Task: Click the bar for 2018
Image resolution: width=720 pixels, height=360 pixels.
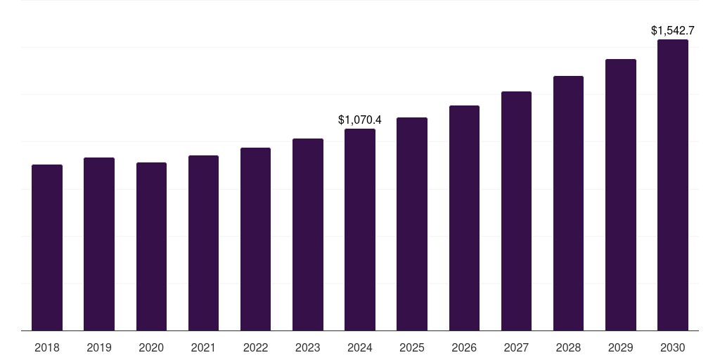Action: tap(47, 247)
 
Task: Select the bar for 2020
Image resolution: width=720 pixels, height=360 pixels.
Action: tap(151, 246)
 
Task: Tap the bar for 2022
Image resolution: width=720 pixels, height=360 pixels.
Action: tap(255, 239)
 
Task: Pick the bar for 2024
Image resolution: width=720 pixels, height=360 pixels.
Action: tap(360, 229)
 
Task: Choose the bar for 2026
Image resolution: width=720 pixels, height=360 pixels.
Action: tap(464, 218)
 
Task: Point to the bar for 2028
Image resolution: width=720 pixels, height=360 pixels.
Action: tap(568, 203)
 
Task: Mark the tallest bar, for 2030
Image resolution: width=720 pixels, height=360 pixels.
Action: tap(673, 185)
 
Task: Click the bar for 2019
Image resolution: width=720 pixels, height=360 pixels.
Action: tap(99, 244)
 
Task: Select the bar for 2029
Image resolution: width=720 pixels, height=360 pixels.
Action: tap(621, 195)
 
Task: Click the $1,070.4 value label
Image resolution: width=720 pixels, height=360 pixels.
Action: tap(360, 120)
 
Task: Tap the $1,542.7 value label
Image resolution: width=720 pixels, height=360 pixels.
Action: tap(673, 31)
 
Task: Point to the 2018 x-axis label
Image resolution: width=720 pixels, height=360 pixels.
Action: tap(47, 347)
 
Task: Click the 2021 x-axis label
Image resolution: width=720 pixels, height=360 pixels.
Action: tap(203, 347)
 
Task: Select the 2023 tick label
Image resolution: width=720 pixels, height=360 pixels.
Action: tap(308, 347)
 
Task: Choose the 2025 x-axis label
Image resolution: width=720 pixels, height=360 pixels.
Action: tap(412, 347)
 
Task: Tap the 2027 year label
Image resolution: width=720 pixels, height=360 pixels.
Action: tap(516, 347)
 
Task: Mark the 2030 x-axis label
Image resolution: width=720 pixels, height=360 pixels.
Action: tap(673, 347)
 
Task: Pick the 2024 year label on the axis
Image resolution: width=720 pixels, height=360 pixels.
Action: tap(360, 347)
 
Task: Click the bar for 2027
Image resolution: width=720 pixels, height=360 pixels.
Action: tap(516, 211)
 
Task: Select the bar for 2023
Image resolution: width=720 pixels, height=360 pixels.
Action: tap(308, 234)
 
